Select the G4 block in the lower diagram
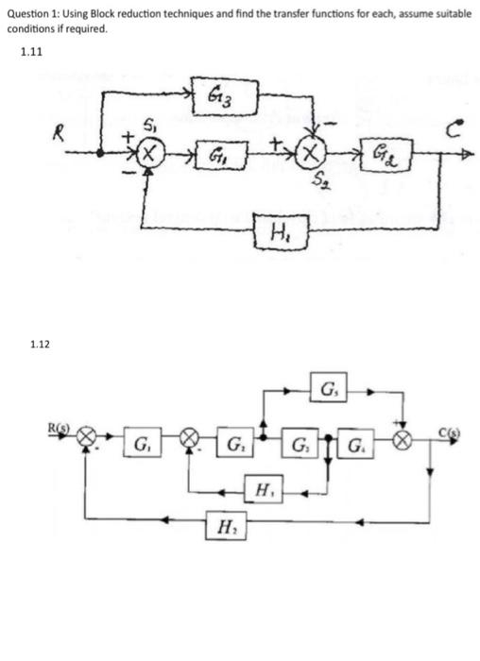[355, 444]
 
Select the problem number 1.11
[31, 52]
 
